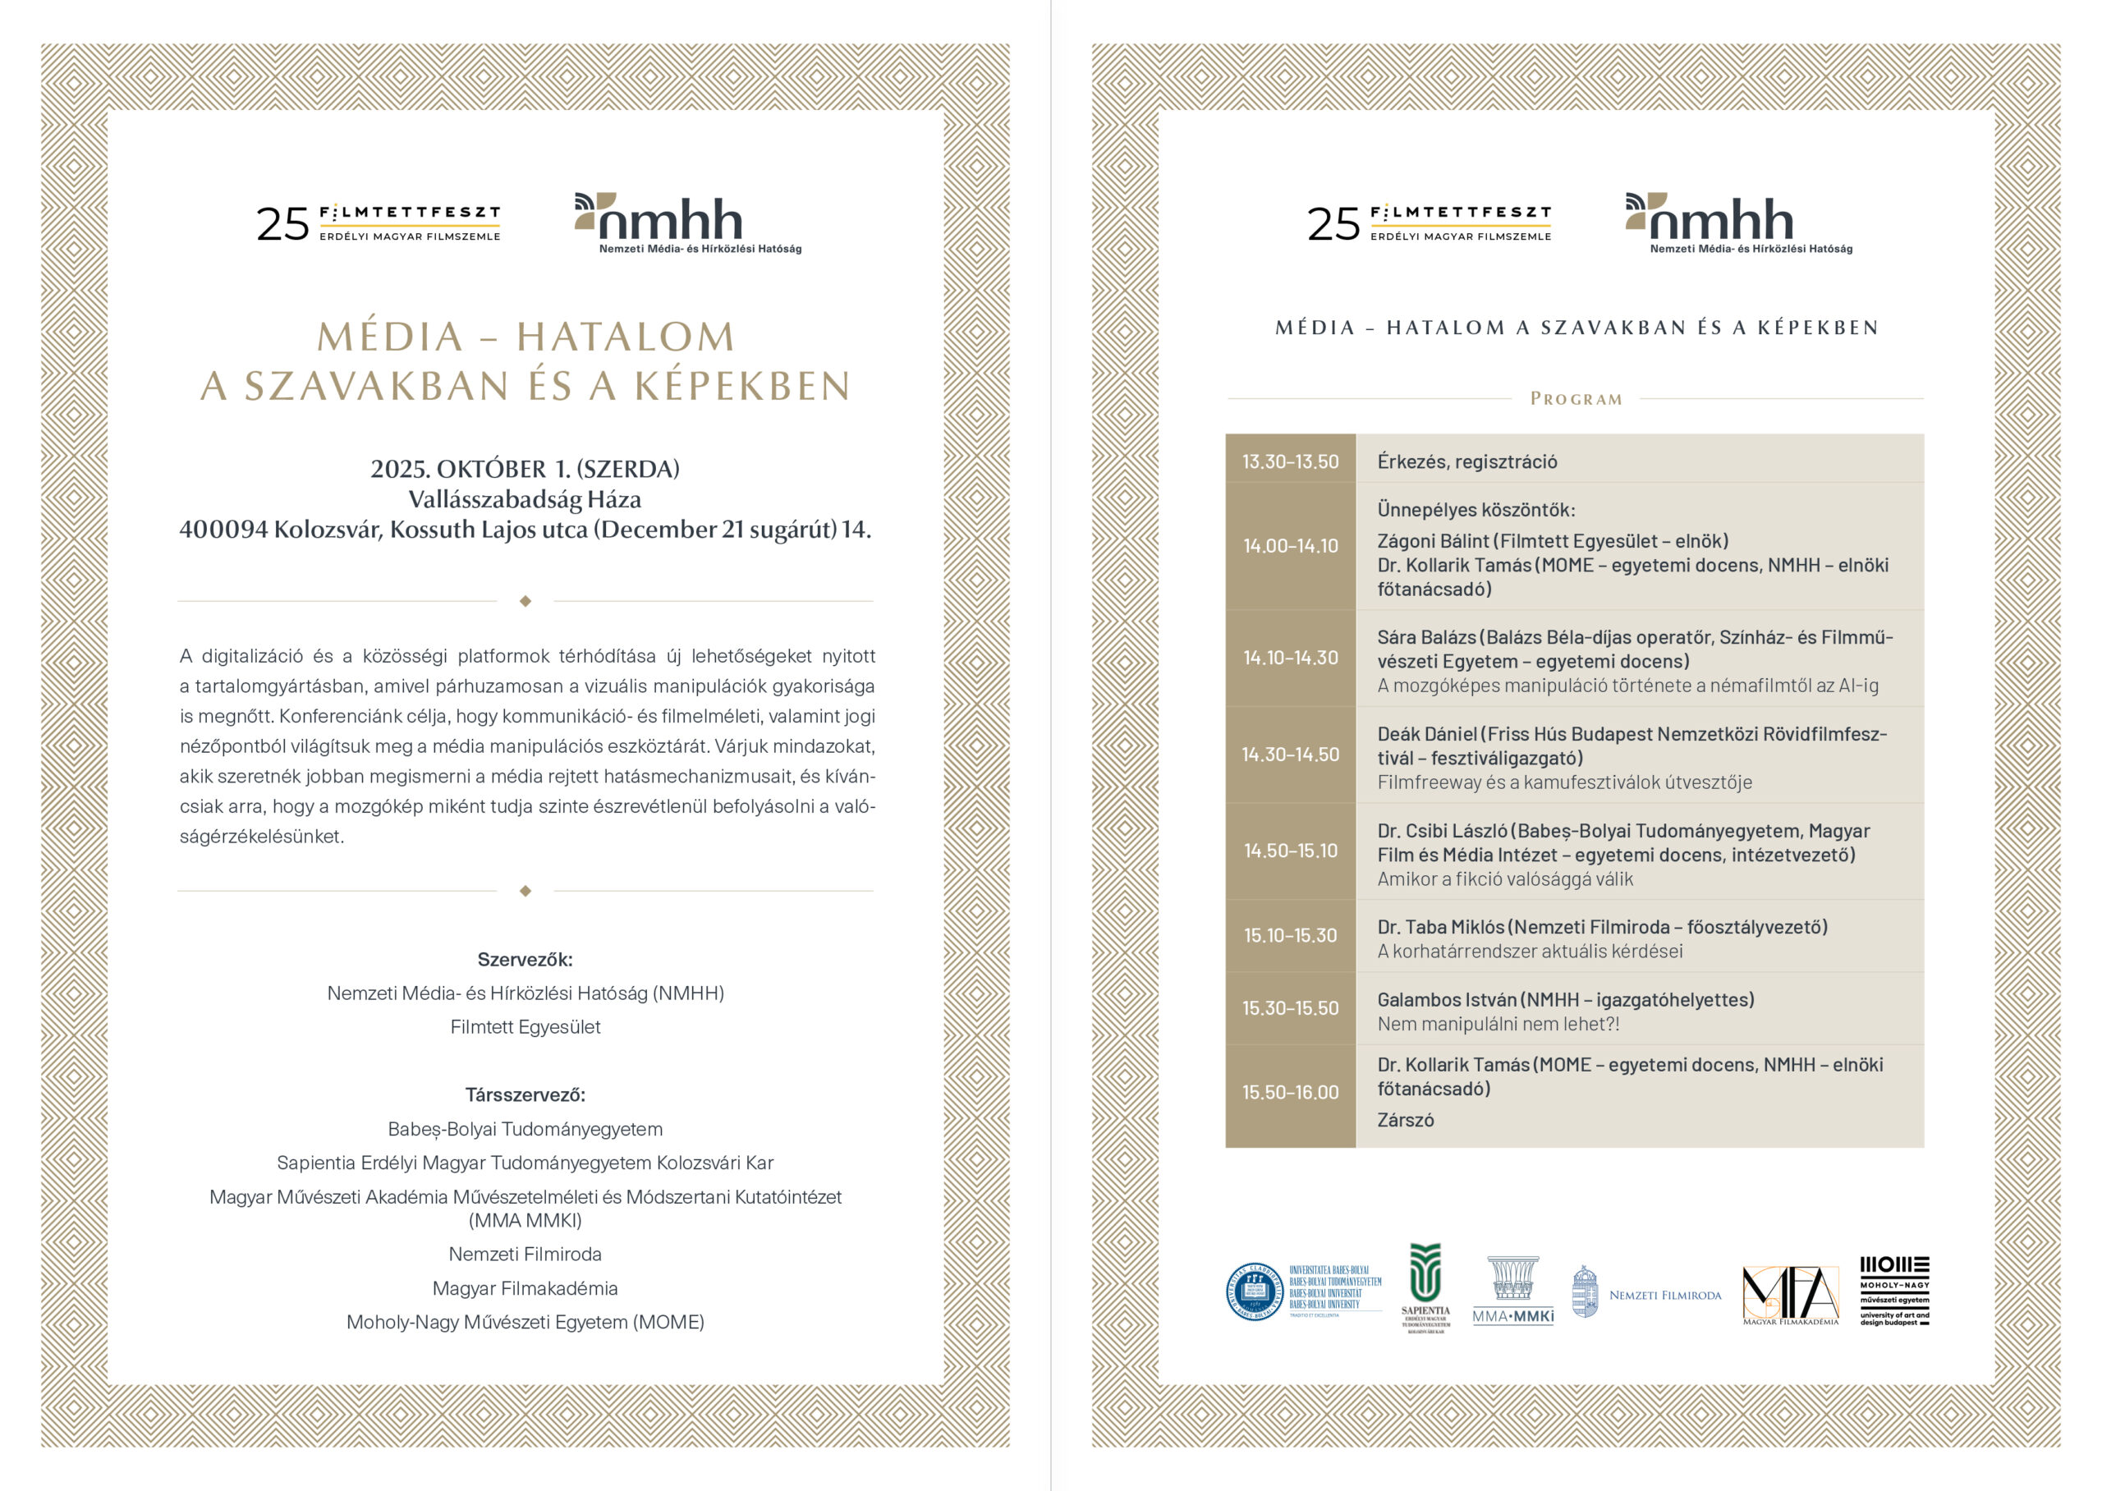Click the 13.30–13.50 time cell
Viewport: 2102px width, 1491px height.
[1290, 461]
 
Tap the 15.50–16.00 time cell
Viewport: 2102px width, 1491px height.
[1290, 1093]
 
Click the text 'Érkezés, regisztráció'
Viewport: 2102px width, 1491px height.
[1466, 461]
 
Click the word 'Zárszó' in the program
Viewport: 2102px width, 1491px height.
[1406, 1120]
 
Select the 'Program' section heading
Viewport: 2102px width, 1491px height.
[1575, 399]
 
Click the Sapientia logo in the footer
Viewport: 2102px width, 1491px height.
[1425, 1287]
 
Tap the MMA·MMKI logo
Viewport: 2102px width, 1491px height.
[1512, 1290]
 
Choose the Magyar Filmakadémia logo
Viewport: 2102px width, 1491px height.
[1790, 1295]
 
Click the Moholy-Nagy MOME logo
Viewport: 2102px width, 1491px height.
[1894, 1291]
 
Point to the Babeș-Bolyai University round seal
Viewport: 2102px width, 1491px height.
[1254, 1291]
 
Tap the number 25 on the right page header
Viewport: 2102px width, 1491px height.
[1333, 224]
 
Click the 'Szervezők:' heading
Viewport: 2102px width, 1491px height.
[525, 960]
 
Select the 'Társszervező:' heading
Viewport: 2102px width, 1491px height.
[525, 1094]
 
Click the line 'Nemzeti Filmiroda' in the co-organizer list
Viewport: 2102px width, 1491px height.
[525, 1254]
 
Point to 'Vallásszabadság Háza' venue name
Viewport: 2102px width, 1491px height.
[525, 499]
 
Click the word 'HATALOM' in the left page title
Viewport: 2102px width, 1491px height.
[625, 337]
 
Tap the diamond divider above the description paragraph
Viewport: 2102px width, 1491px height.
[525, 601]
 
